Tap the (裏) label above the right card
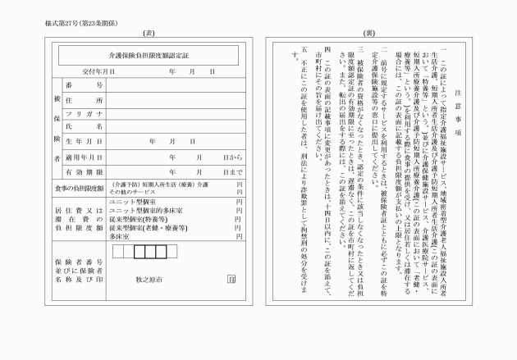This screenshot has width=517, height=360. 368,33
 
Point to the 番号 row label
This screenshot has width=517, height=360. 93,85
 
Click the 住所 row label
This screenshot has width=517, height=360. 93,100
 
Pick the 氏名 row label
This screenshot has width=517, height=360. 93,127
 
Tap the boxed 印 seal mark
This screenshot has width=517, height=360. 231,279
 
